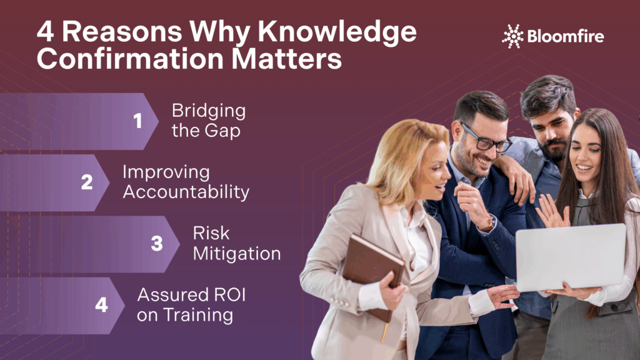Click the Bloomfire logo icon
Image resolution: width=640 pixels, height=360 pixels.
coord(513,36)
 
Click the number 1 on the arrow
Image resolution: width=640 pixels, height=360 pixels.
coord(137,121)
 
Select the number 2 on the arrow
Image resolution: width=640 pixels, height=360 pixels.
coord(87,182)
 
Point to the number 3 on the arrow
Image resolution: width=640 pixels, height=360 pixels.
coord(157,244)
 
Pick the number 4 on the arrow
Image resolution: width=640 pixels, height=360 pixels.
coord(102,305)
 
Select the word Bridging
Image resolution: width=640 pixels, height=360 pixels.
coord(209,111)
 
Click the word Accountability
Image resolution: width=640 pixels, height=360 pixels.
coord(186,192)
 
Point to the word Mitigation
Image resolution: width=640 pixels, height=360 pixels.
coord(236,253)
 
